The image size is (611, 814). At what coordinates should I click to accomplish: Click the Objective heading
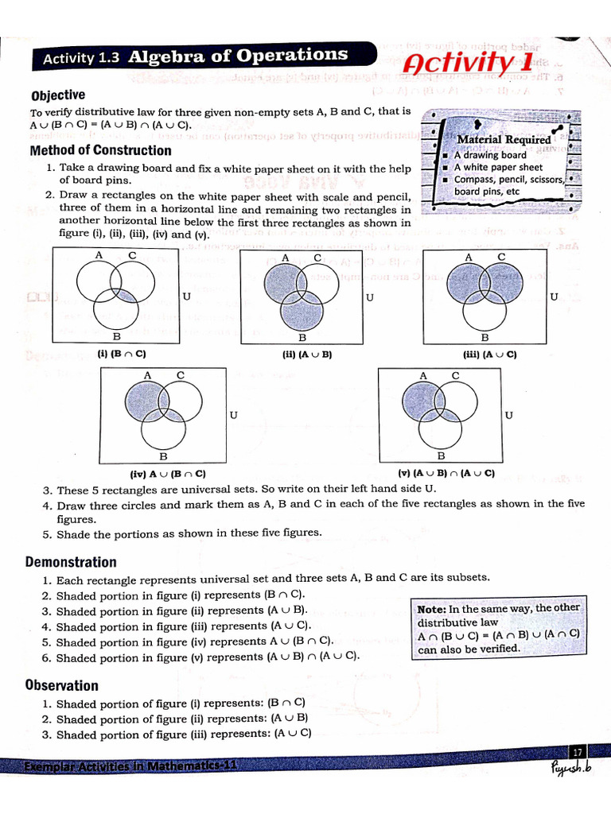click(57, 95)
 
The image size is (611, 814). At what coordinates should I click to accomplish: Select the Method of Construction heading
click(100, 150)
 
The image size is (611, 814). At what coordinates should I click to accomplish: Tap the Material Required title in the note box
click(504, 139)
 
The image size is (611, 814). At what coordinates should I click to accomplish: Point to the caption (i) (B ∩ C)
click(122, 354)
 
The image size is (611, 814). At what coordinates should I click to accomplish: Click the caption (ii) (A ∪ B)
click(306, 355)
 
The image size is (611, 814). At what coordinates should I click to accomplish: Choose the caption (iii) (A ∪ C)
click(490, 355)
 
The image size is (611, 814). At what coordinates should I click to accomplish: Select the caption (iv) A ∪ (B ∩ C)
click(169, 474)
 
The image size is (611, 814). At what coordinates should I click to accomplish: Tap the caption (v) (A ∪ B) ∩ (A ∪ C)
click(446, 474)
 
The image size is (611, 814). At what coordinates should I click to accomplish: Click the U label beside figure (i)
click(186, 297)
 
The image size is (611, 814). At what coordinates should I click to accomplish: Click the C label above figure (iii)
click(501, 256)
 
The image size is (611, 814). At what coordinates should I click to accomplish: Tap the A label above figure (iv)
click(147, 375)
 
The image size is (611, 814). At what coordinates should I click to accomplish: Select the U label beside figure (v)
click(508, 415)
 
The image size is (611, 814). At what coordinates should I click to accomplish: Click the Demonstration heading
click(71, 562)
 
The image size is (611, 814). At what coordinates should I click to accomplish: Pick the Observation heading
click(62, 685)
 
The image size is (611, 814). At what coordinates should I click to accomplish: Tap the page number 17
click(577, 752)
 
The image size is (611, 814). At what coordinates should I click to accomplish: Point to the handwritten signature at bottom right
click(570, 769)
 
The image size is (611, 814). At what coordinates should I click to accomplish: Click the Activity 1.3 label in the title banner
click(80, 58)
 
